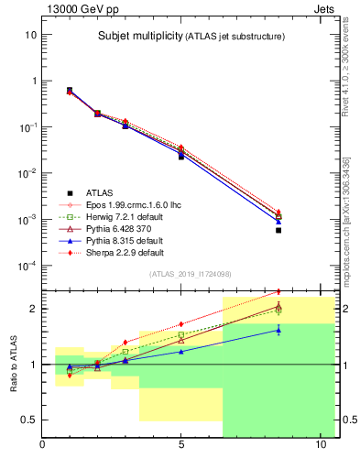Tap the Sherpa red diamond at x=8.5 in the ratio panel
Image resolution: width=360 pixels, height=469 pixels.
pyautogui.click(x=278, y=292)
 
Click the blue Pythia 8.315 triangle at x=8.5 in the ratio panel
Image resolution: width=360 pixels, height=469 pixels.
pyautogui.click(x=278, y=330)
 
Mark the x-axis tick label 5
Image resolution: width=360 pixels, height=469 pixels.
pyautogui.click(x=181, y=446)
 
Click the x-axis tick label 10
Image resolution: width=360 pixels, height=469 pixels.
pyautogui.click(x=320, y=446)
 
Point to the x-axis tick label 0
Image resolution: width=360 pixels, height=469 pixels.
pyautogui.click(x=43, y=446)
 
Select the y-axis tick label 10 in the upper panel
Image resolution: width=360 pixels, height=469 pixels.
pyautogui.click(x=30, y=34)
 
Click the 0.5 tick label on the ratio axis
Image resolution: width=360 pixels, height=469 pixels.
pyautogui.click(x=28, y=420)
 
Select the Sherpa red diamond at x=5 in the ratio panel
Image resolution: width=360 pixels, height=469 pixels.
pyautogui.click(x=181, y=324)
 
